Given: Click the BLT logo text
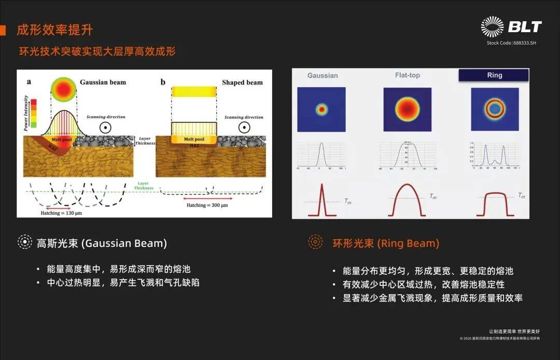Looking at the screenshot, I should (x=524, y=27).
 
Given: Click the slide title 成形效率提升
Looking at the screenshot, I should (x=55, y=30).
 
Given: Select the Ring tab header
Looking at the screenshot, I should (x=494, y=75).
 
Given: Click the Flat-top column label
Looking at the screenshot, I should (x=407, y=75).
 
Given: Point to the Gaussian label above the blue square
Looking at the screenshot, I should (x=322, y=75).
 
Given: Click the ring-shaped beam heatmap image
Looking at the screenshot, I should (x=494, y=109).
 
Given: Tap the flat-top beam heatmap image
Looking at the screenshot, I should (x=408, y=109).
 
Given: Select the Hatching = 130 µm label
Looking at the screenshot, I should (x=61, y=213).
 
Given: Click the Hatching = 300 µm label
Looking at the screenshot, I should (x=207, y=205).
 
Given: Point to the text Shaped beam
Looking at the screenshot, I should (x=242, y=82).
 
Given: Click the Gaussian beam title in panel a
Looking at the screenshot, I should (x=103, y=82).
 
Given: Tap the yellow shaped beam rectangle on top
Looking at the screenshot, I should (x=193, y=92).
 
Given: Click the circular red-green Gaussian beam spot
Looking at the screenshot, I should (x=64, y=89).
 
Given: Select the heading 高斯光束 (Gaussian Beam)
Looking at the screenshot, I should (x=102, y=243).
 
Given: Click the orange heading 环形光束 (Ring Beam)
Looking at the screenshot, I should (x=385, y=243).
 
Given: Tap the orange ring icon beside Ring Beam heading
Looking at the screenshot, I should (x=315, y=242).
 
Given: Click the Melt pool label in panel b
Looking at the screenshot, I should (x=193, y=140).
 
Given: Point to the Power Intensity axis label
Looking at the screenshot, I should (x=25, y=112).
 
